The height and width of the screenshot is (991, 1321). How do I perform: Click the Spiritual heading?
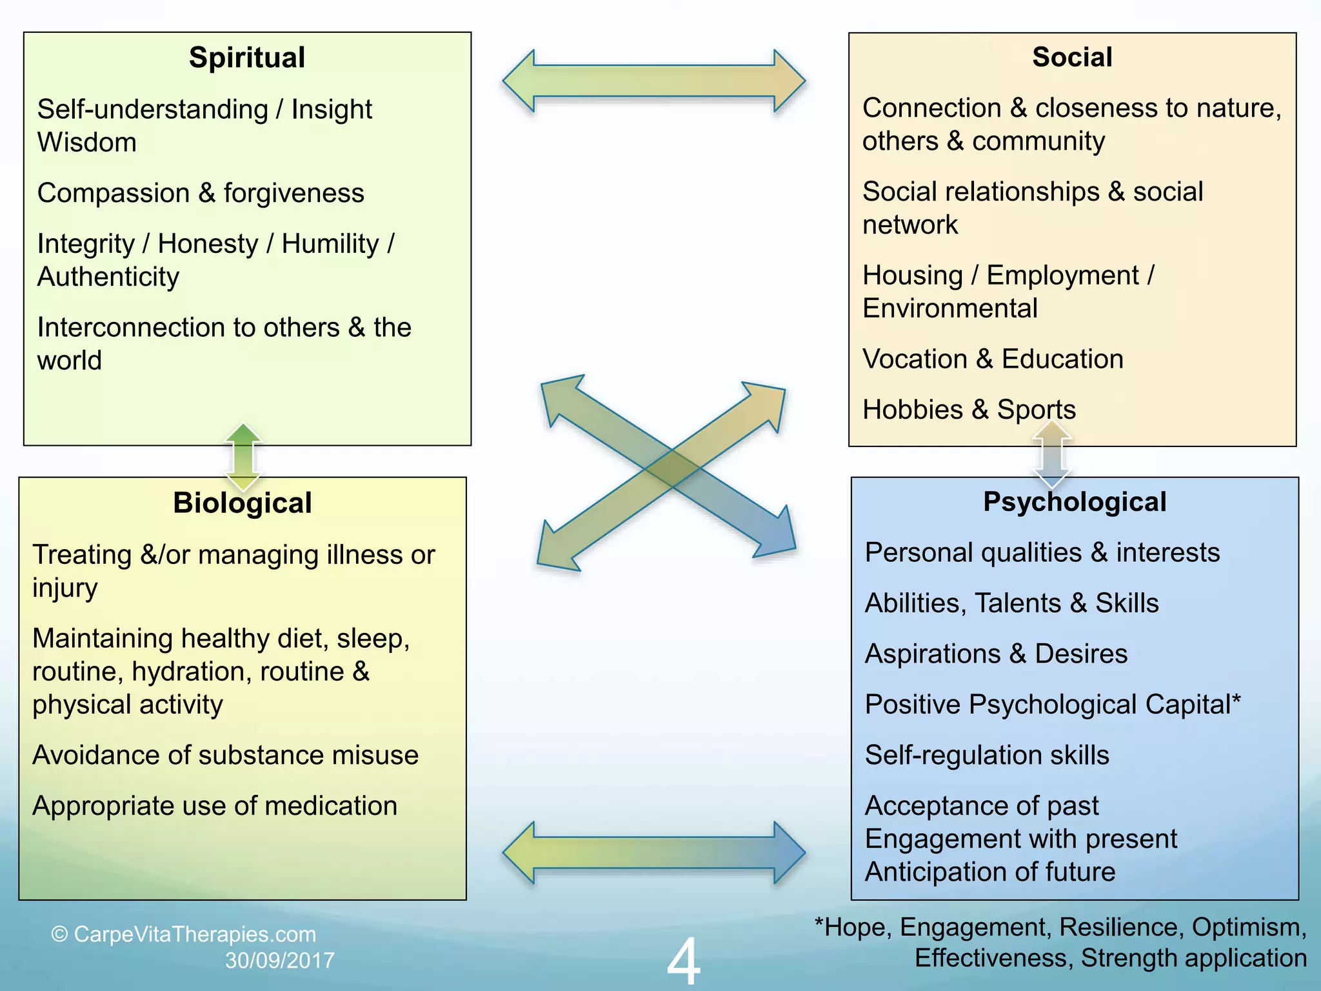coord(247,58)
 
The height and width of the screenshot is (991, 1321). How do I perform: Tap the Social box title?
coord(1072,57)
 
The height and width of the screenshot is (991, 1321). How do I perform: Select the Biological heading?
coord(242,503)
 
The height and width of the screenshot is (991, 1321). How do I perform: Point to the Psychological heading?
coord(1075,502)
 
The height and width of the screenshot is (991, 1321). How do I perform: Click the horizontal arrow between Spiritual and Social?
coord(653,81)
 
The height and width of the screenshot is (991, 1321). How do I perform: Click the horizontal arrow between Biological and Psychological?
coord(653,853)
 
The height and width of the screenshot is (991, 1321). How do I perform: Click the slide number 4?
coord(683,961)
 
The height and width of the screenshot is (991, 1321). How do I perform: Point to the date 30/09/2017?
coord(279,961)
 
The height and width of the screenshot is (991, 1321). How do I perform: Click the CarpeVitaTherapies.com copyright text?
coord(184,934)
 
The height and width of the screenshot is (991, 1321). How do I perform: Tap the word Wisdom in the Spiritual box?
coord(87,143)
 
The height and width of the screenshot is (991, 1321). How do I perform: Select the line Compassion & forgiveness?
coord(201,193)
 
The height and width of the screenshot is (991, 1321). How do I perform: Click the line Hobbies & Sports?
coord(969,410)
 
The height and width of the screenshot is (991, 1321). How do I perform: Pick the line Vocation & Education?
coord(993,359)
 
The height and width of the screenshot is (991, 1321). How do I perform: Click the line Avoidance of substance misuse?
coord(225,755)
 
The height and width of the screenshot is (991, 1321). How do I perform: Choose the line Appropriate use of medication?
coord(215,806)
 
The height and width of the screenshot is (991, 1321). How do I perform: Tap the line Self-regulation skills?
coord(987,755)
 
